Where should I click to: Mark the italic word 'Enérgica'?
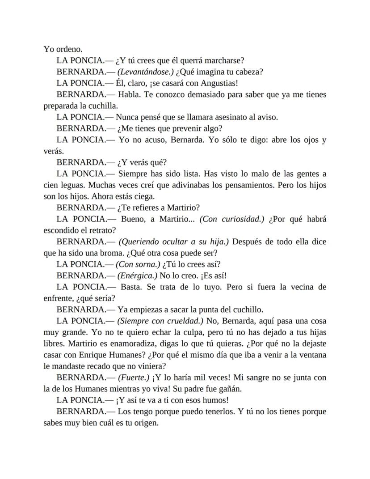click(138, 276)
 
